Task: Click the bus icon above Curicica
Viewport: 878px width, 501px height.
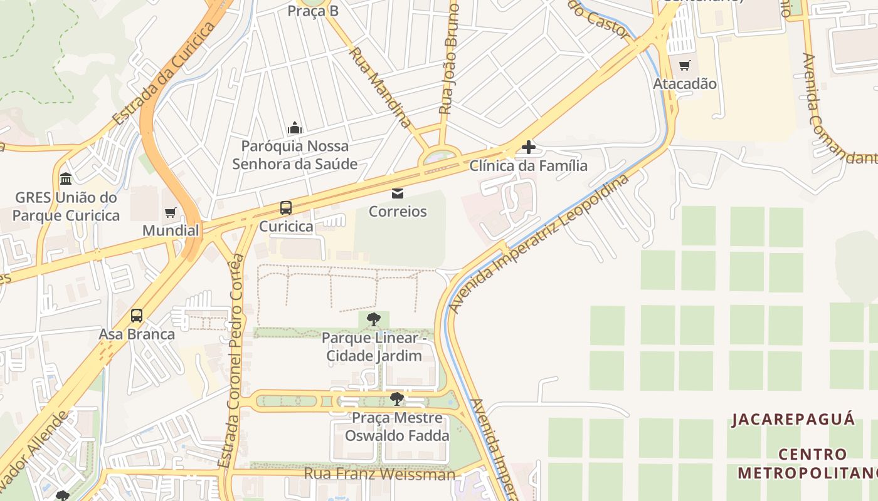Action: (x=286, y=207)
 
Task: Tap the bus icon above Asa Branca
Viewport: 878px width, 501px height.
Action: (x=137, y=316)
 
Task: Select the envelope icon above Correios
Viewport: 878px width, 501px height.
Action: (x=398, y=193)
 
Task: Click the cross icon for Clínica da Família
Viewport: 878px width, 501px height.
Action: (x=529, y=148)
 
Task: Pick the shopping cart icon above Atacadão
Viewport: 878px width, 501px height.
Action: (x=684, y=65)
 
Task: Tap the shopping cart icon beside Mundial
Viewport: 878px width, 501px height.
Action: (x=170, y=213)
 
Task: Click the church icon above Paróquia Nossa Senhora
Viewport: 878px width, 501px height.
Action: (x=295, y=128)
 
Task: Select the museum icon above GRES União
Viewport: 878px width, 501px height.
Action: (x=66, y=179)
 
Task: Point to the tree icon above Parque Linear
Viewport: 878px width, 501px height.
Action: (x=374, y=319)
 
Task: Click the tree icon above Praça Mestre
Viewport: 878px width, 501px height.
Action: (x=396, y=399)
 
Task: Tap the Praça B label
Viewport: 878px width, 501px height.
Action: (x=313, y=11)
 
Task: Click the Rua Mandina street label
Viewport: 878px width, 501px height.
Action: (x=381, y=87)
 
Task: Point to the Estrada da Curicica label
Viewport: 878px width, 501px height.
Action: (x=165, y=74)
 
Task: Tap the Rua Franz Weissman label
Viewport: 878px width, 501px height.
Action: (x=379, y=474)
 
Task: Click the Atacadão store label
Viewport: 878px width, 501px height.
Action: (x=685, y=84)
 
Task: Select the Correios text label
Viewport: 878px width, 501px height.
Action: (x=398, y=212)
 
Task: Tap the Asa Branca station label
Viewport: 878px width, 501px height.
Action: (x=137, y=334)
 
